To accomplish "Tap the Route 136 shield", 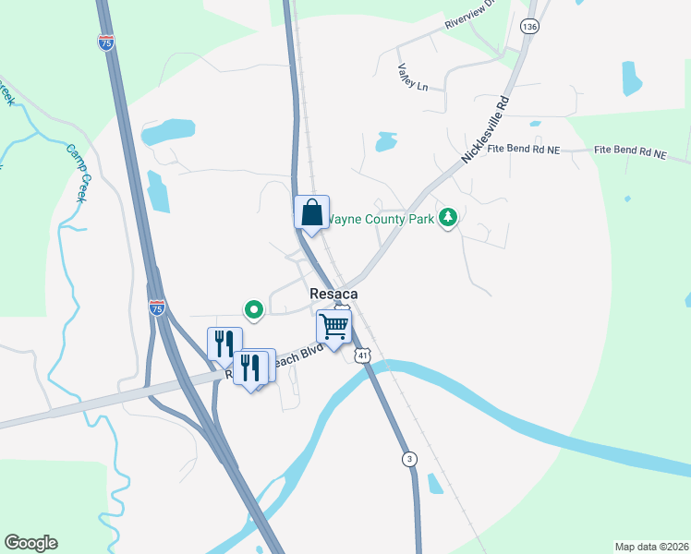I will [x=528, y=27].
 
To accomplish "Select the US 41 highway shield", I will [x=364, y=355].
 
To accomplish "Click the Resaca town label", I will [x=333, y=293].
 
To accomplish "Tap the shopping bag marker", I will [x=311, y=212].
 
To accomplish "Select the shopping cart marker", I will [x=333, y=326].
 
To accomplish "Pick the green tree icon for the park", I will [x=448, y=217].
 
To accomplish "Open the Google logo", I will [x=30, y=543].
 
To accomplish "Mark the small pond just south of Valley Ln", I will [x=386, y=142].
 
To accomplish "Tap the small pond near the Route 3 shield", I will [x=436, y=484].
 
